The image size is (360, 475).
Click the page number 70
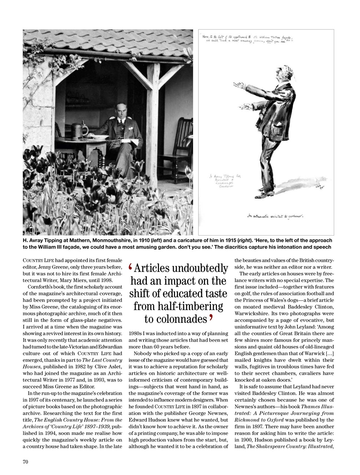tap(26, 462)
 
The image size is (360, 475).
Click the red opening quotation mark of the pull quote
tap(131, 267)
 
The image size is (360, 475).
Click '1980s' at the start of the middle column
tap(136, 333)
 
